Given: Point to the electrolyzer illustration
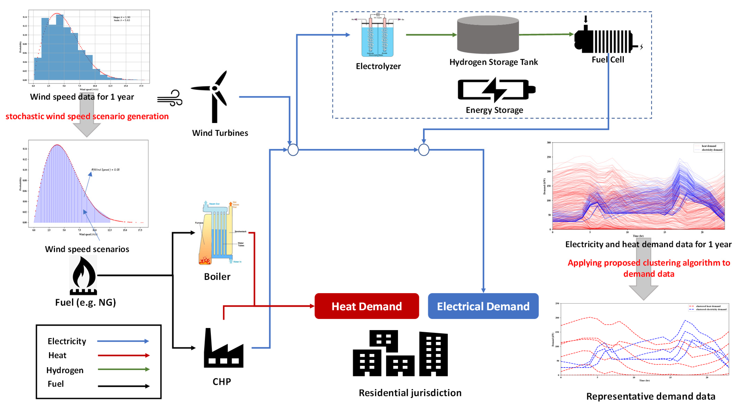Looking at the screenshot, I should [377, 36].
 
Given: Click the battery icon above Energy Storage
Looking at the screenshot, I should [496, 90].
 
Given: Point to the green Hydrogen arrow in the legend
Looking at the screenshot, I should [123, 369].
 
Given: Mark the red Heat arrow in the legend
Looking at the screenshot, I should [123, 355].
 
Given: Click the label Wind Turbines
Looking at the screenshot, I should [220, 133].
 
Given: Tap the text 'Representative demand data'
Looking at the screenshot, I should [651, 396].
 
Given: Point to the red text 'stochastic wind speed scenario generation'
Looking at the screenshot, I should [87, 116].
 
